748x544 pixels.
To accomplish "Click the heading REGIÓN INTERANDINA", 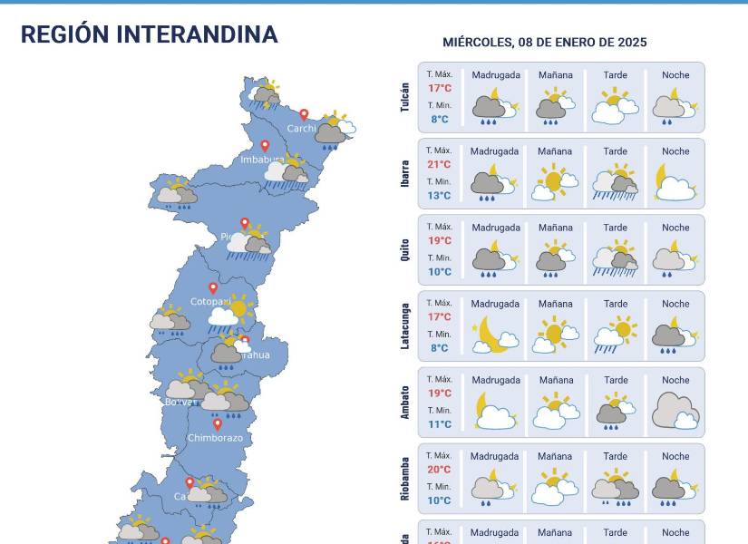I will (149, 34).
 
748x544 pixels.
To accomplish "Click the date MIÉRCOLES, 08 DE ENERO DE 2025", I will (544, 43).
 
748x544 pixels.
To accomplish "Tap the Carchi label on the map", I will (301, 129).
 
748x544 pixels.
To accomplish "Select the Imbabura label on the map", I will (262, 160).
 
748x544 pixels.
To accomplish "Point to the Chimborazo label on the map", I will (215, 438).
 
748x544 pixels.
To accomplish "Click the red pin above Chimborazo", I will (218, 423).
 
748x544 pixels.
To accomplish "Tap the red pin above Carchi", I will (304, 115).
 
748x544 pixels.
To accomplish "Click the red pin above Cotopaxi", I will (214, 288).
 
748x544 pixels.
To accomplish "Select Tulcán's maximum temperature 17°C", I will (440, 88).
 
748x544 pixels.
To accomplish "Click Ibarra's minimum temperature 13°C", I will (440, 196).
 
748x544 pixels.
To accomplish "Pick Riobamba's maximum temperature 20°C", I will (440, 469).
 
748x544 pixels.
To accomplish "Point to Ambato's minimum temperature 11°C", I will (440, 424).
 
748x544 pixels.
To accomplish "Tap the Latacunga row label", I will (405, 325).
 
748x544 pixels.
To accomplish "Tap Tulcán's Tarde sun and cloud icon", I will (614, 106).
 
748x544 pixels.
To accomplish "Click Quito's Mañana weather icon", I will (555, 257).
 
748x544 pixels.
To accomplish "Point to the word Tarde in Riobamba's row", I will (615, 457).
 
